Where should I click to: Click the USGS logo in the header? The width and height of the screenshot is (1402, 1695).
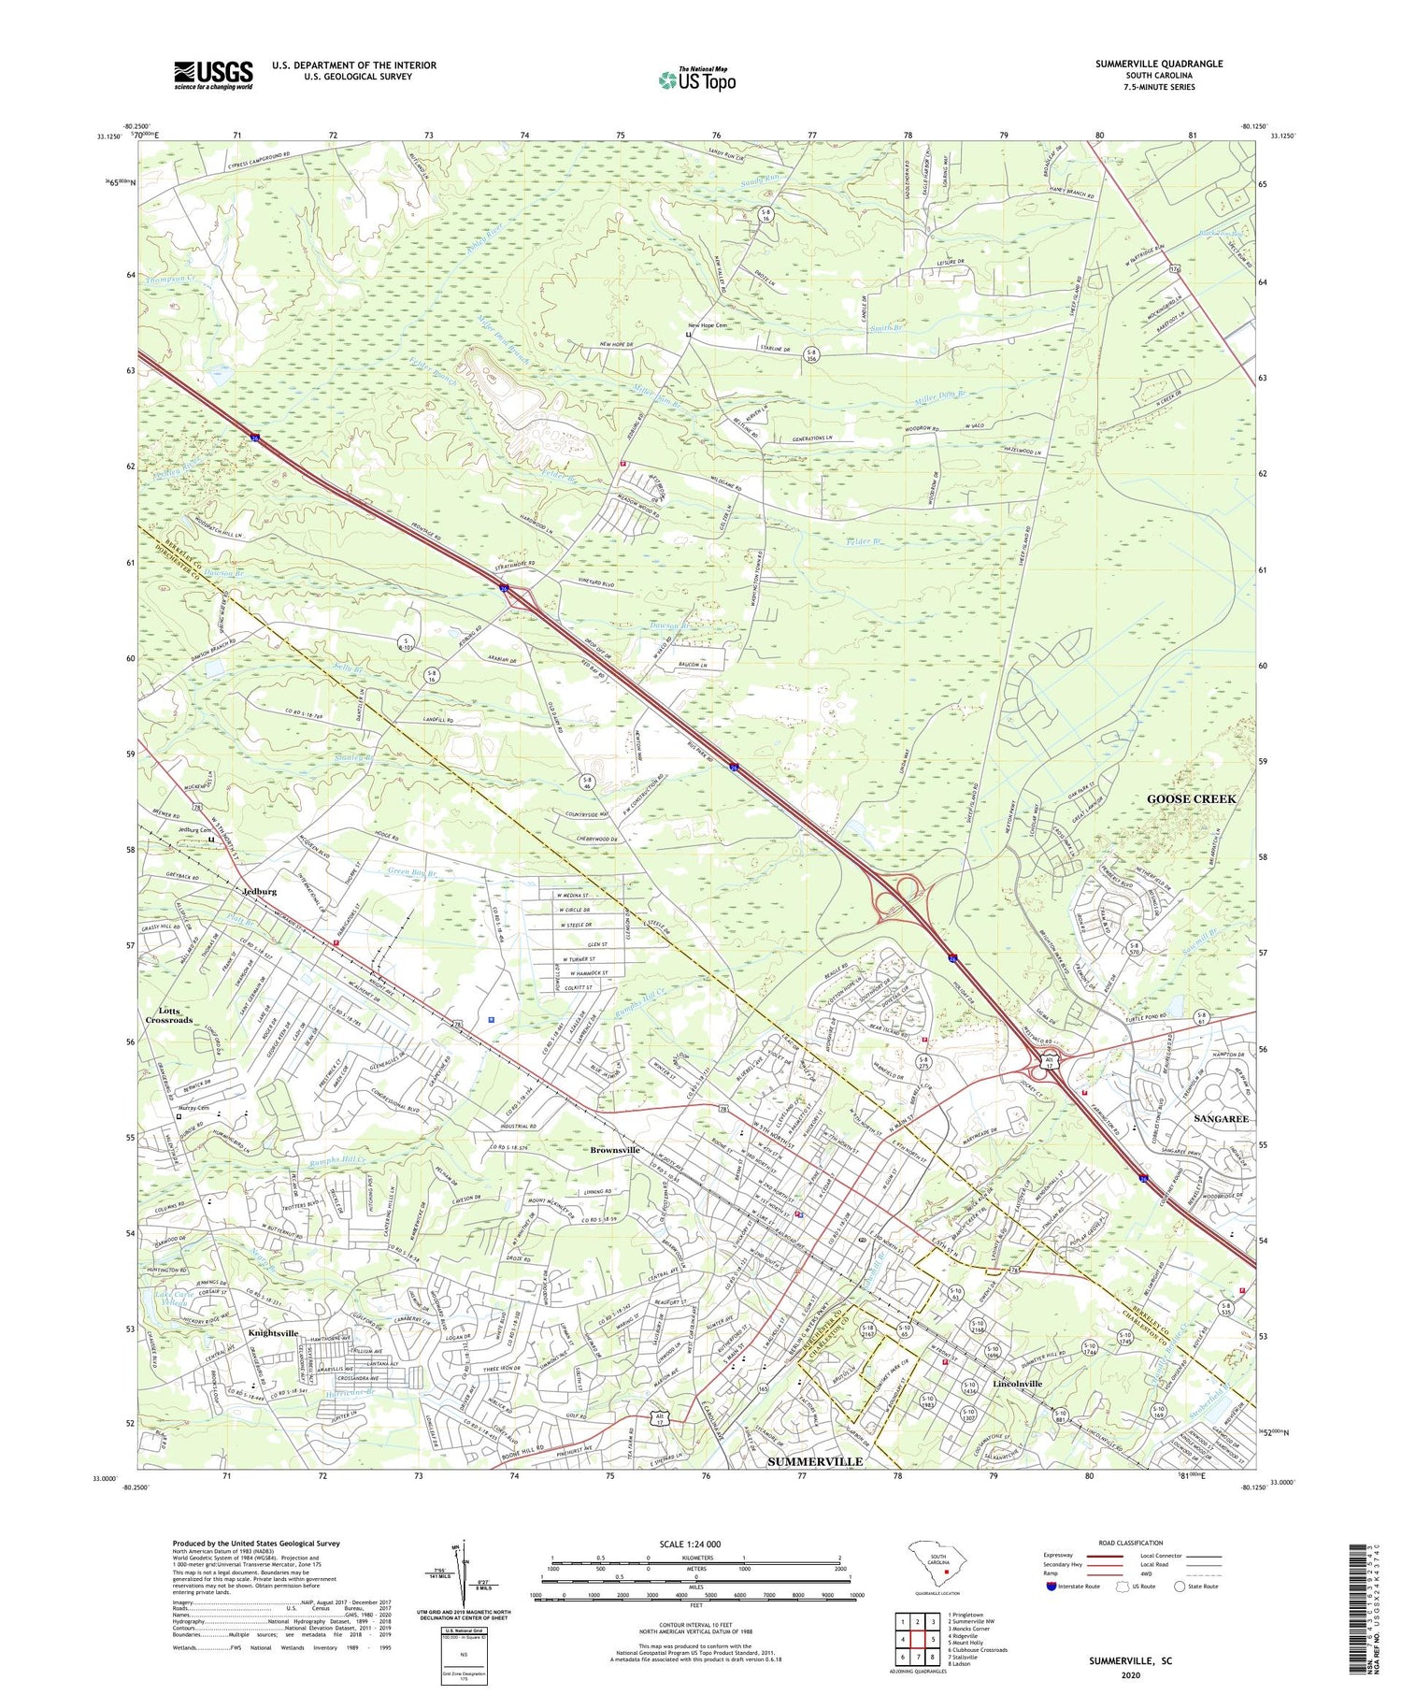[213, 75]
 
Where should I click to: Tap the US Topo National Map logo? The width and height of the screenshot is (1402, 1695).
[696, 80]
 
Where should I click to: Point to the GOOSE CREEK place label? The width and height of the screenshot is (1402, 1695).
[1191, 798]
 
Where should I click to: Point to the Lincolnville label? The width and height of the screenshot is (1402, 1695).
[1017, 1383]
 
